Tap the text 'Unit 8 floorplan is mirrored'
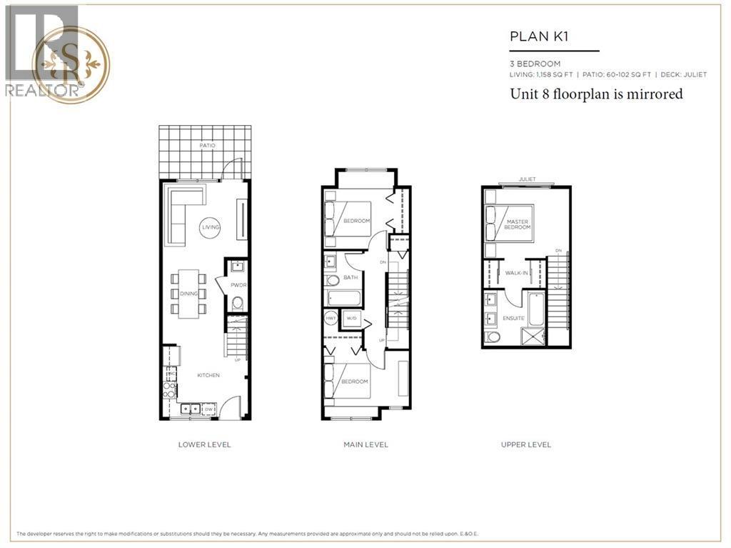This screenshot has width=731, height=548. tap(596, 94)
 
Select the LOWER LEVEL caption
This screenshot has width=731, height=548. tap(204, 444)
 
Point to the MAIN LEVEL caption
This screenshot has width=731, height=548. tap(365, 444)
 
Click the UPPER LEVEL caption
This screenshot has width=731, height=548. tap(526, 444)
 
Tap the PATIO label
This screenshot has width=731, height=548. tap(208, 146)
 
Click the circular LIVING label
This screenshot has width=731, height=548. tap(210, 227)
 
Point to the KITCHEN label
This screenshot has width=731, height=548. tap(209, 375)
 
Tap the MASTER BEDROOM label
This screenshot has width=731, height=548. tap(517, 225)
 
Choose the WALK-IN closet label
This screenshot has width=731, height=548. tap(516, 273)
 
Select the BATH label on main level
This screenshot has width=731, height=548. tap(351, 277)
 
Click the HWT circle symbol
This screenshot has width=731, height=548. tap(331, 319)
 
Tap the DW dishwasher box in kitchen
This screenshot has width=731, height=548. tap(208, 409)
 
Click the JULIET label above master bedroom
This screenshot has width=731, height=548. tap(528, 179)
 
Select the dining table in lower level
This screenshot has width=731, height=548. tap(188, 293)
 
